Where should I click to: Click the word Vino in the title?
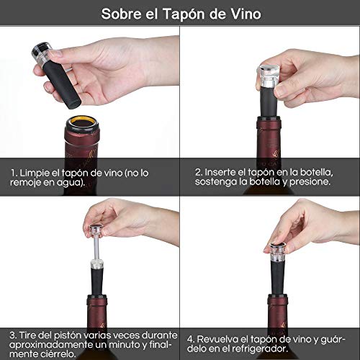242,14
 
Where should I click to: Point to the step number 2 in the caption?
197,173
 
